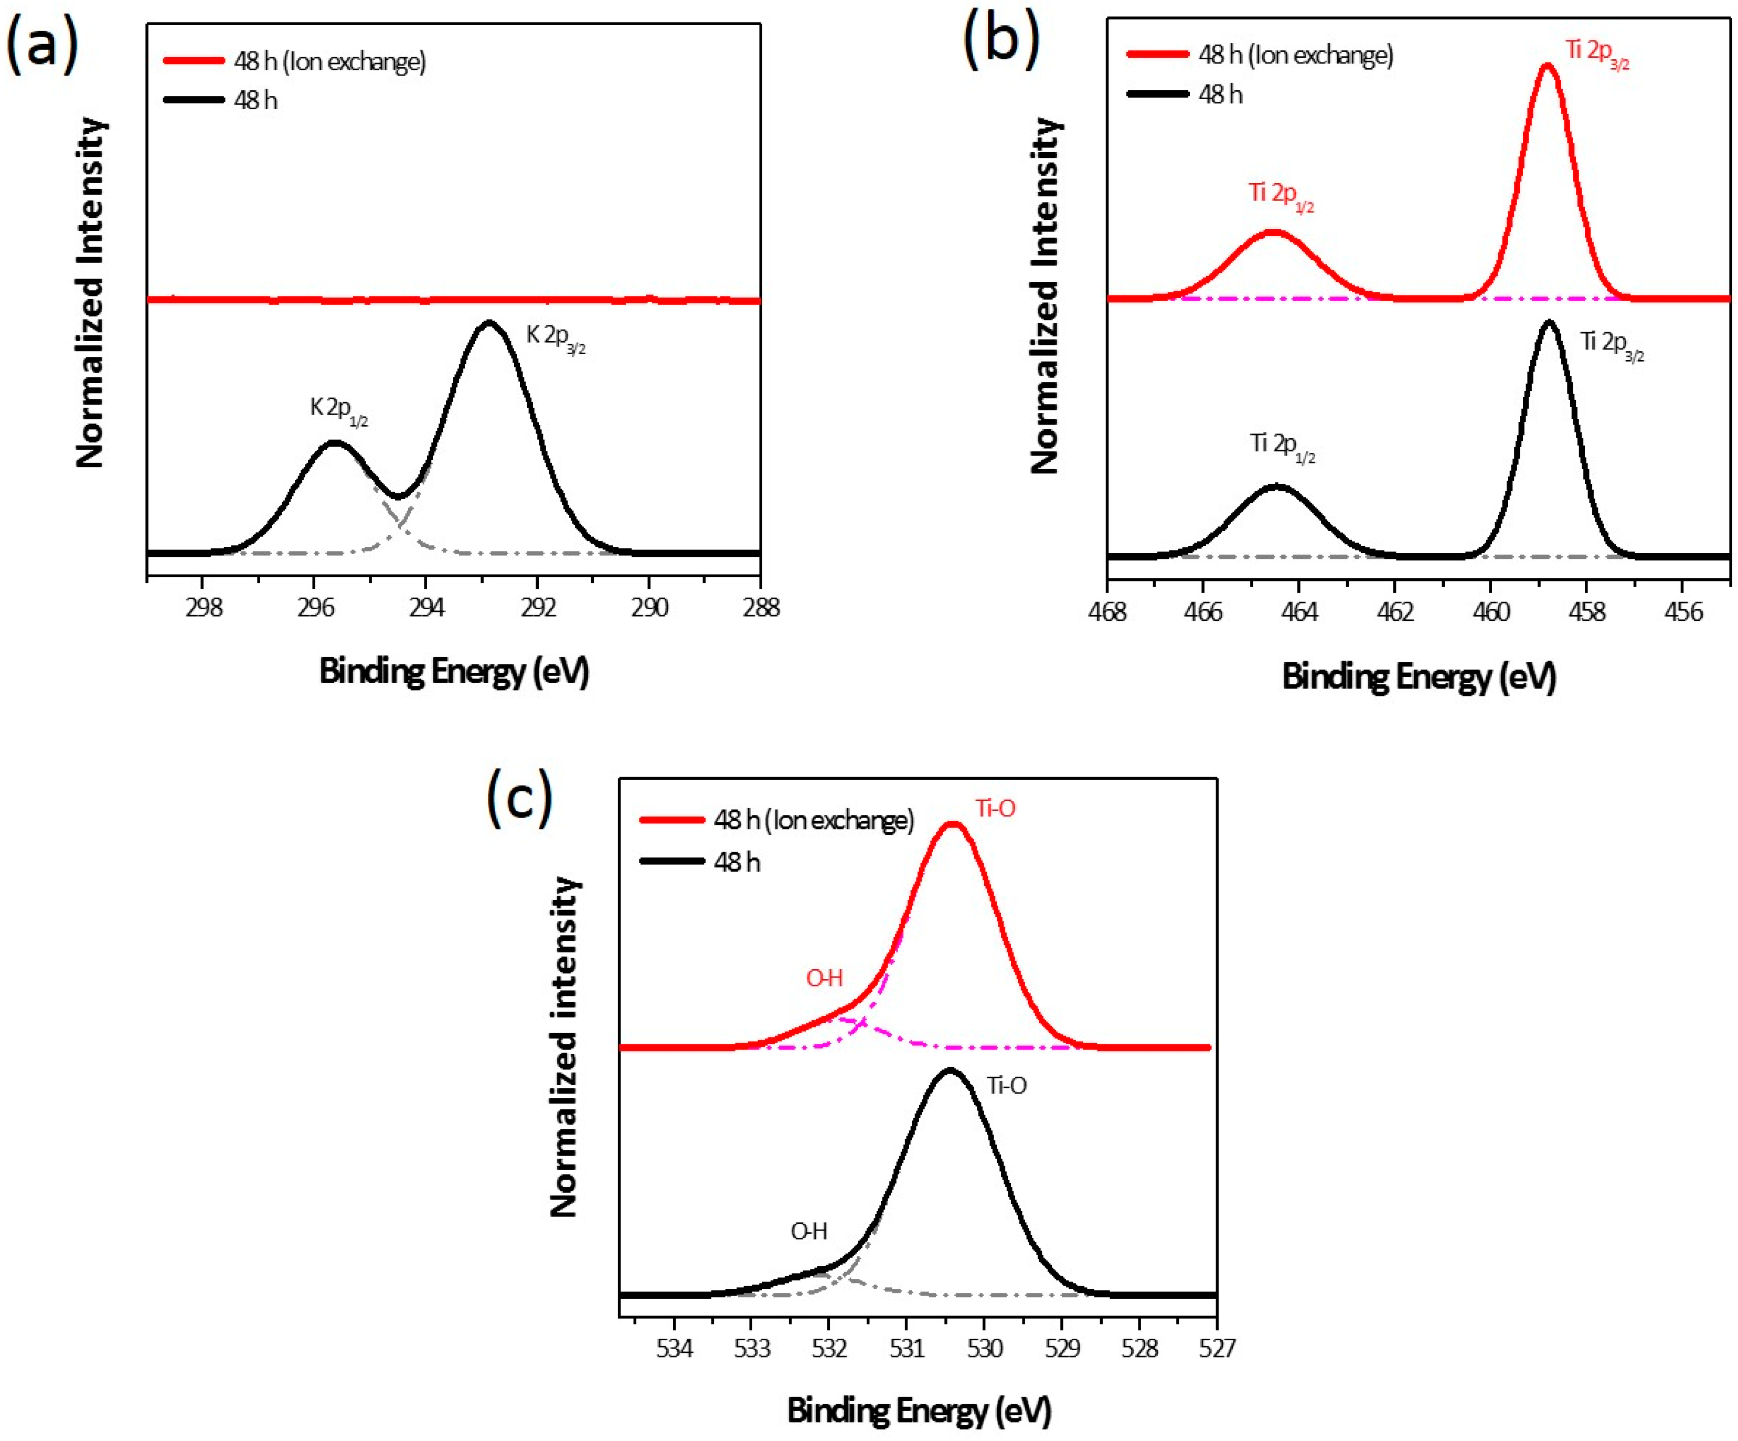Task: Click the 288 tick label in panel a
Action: coord(761,608)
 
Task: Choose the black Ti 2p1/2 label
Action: coord(1281,447)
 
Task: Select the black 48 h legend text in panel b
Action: coord(1220,95)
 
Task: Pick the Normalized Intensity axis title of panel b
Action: coord(1046,295)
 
